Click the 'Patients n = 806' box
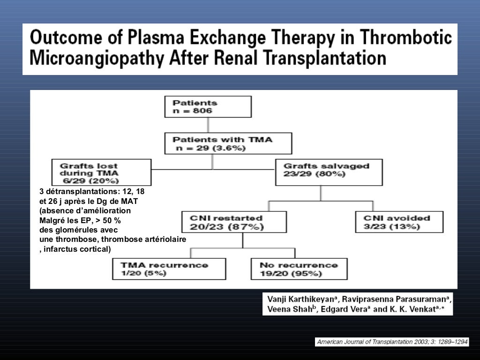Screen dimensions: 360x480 [208, 106]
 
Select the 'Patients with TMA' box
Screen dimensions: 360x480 [228, 143]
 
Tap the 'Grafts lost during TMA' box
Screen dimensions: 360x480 [101, 172]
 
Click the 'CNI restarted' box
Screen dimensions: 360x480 [233, 222]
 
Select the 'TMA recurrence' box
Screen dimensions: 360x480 [169, 269]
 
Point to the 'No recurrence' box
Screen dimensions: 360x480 [299, 269]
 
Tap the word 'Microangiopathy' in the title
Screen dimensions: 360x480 [96, 59]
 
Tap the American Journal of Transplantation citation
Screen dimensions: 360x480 [392, 342]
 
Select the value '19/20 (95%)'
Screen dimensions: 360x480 [291, 274]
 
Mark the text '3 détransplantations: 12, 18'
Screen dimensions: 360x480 [92, 192]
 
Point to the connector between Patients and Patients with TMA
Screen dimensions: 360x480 [208, 125]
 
